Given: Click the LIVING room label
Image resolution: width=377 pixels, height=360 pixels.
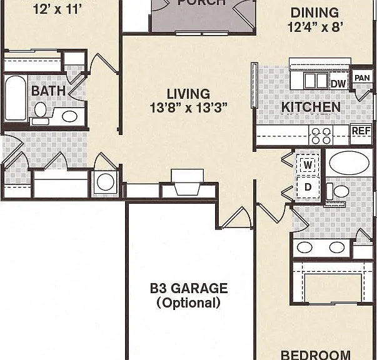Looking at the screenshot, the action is click(188, 94).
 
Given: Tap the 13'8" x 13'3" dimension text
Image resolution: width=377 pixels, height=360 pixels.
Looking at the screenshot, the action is click(188, 107).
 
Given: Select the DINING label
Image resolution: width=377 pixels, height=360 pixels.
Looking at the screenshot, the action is click(314, 12).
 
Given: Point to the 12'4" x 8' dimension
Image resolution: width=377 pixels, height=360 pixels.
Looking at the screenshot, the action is click(315, 27).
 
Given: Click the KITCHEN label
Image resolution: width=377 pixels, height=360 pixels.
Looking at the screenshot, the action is click(311, 107).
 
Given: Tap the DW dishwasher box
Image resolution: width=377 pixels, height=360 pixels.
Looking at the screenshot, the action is click(338, 83).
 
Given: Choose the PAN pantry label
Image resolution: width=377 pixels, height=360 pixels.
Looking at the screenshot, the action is click(362, 78).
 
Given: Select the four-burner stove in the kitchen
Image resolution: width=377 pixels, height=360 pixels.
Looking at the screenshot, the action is click(321, 135).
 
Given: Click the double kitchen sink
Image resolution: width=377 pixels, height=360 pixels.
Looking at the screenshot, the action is click(316, 81).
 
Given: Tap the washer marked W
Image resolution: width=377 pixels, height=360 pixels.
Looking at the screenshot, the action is click(308, 165).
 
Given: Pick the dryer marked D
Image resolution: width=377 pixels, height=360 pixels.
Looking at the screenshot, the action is click(308, 187).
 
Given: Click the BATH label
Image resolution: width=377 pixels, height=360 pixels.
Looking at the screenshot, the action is click(48, 91).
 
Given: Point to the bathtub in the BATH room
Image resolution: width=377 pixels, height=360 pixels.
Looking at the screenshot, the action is click(16, 98).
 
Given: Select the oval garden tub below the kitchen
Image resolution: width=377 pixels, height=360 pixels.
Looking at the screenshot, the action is click(349, 162).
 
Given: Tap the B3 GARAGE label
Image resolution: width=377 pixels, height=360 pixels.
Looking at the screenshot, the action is click(189, 288).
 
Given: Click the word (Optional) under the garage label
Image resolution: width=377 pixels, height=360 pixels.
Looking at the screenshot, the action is click(189, 302).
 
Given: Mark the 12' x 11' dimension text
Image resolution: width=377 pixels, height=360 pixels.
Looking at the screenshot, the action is click(58, 10).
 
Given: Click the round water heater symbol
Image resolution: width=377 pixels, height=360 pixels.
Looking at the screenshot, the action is click(105, 182).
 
